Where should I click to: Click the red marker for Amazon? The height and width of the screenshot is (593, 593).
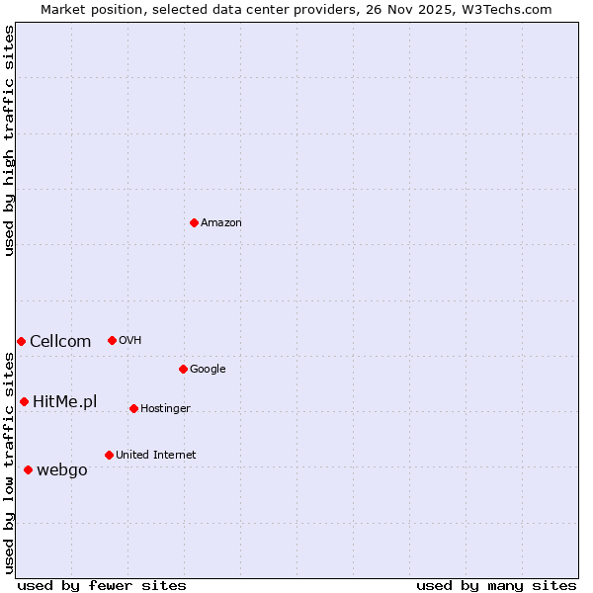tap(194, 222)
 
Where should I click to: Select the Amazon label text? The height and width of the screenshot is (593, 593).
tap(221, 223)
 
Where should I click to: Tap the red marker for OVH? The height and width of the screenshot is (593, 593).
tap(112, 340)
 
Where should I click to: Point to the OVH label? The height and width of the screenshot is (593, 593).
tap(130, 341)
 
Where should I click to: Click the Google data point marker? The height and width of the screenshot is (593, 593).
tap(183, 369)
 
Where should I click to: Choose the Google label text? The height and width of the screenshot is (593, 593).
tap(208, 370)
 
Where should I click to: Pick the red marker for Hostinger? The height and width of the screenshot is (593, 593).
tap(133, 408)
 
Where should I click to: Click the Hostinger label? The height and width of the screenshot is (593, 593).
tap(165, 409)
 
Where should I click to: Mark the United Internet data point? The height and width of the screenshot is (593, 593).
tap(109, 455)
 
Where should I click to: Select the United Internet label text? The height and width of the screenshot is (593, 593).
tap(155, 456)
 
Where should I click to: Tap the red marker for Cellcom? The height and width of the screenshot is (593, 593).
tap(21, 341)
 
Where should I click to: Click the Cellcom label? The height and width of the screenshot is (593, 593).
tap(60, 342)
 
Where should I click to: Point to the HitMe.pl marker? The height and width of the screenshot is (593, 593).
tap(24, 401)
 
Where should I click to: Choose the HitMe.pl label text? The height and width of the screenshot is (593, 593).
tap(65, 401)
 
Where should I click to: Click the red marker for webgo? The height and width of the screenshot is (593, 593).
tap(28, 469)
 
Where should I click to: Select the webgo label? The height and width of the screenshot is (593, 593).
tap(62, 470)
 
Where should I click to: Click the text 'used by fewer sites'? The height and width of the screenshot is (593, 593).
tap(102, 585)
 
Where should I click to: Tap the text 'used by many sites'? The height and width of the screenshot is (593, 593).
tap(496, 585)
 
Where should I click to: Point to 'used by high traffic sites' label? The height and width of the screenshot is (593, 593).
tap(9, 140)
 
